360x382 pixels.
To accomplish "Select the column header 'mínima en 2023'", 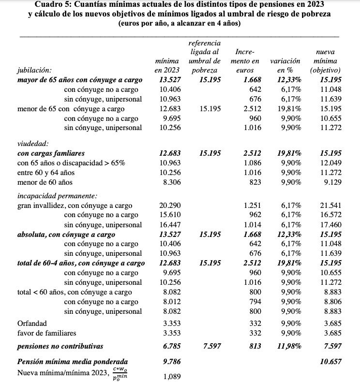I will [x=166, y=65].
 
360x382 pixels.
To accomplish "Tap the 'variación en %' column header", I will [x=285, y=65].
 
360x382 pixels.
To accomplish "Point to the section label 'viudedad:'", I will [x=32, y=144].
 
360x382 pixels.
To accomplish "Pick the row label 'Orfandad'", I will [x=32, y=323].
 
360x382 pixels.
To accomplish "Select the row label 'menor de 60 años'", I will [x=45, y=182].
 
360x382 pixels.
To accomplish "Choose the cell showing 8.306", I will [x=171, y=182].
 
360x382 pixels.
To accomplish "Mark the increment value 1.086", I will [x=250, y=163].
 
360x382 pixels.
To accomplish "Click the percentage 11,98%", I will [x=289, y=346].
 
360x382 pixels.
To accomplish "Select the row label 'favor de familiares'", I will [x=47, y=333].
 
